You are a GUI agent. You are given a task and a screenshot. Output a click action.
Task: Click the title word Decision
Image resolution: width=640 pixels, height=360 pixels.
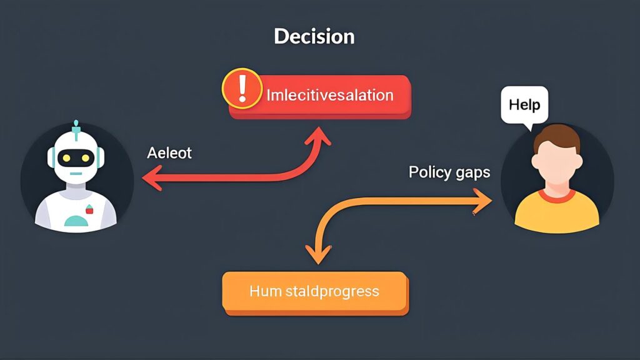pos(314,36)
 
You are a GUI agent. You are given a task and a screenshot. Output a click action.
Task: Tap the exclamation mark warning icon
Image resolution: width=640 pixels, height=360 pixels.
pos(242,89)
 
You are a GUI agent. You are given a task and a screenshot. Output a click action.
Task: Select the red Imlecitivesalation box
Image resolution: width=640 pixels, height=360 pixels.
pos(329,96)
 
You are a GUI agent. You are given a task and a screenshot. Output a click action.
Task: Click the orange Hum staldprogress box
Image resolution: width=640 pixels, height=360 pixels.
pos(314,291)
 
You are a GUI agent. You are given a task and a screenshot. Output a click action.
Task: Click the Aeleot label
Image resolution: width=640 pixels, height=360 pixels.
pos(169,153)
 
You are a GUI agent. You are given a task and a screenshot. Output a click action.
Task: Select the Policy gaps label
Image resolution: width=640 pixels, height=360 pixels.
pos(449,172)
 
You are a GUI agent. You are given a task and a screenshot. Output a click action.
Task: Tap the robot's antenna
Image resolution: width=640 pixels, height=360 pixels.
pos(76,126)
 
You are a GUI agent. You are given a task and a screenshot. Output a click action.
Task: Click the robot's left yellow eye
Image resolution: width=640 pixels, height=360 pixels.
pos(67,159)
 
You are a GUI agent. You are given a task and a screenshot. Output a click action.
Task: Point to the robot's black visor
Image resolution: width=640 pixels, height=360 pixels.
pos(76,159)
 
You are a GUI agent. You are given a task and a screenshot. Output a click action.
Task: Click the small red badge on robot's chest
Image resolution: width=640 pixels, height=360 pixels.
pos(89,211)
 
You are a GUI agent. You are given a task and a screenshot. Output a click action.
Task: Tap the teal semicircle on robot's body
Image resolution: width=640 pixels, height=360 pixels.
pos(76,221)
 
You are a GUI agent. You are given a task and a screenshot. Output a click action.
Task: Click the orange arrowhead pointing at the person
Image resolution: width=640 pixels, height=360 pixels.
pos(487,201)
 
